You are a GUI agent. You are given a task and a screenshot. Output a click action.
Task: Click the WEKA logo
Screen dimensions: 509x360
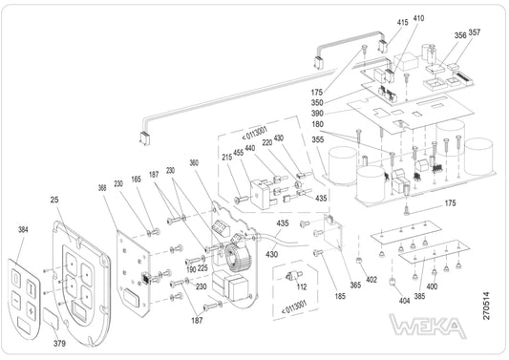tap(428, 326)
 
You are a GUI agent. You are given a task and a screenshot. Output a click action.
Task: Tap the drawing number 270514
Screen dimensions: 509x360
tap(486, 306)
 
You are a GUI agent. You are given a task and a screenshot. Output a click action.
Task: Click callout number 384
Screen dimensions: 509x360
tap(23, 229)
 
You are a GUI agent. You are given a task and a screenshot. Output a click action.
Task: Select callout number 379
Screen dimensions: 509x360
tap(59, 343)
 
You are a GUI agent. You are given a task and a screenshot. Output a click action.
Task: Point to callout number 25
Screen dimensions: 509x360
tap(54, 200)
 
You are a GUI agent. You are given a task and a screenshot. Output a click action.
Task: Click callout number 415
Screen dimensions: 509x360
tap(403, 22)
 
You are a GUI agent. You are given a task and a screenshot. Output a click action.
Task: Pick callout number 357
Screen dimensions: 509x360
tap(475, 32)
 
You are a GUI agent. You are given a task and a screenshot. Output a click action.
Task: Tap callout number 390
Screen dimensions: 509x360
tap(317, 113)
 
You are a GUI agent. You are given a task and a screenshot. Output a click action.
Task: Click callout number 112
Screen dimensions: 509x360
tap(302, 286)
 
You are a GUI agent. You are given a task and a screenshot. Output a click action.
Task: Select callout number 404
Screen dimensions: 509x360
tap(404, 301)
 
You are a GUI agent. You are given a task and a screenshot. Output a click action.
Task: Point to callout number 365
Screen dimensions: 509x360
tap(355, 285)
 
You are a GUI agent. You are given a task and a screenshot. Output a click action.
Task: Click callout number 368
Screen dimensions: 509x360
tap(102, 188)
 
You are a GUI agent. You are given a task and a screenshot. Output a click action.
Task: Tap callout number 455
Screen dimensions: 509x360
tap(239, 153)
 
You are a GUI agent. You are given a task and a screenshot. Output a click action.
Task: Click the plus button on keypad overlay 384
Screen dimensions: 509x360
tap(32, 310)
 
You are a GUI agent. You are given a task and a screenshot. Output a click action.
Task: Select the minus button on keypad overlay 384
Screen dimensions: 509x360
tap(16, 300)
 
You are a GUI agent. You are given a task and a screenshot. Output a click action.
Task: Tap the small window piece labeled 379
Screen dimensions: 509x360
tap(51, 319)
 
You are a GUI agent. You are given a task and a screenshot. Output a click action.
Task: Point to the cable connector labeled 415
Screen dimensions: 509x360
tap(383, 46)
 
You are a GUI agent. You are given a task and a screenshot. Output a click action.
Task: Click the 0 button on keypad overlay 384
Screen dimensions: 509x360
tap(16, 278)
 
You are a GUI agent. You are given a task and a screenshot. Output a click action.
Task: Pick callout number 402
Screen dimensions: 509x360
tap(371, 280)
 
